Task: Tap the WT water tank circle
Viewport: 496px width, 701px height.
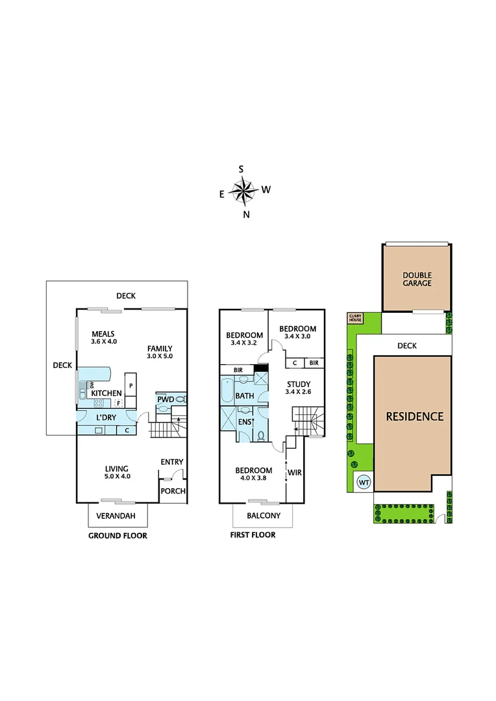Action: tap(364, 482)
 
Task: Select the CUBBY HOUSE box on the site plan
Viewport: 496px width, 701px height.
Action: tap(355, 317)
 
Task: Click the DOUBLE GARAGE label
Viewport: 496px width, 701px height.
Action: tap(416, 278)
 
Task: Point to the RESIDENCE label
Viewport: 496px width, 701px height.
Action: tap(415, 416)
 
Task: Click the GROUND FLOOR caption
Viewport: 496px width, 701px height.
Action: tap(118, 535)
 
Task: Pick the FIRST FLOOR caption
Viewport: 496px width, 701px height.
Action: tap(253, 535)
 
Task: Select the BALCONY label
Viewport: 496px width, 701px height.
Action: tap(263, 516)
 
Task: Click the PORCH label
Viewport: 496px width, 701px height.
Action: tap(173, 491)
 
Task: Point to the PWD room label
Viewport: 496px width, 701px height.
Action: tap(165, 399)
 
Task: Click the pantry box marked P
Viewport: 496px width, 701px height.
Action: tap(130, 386)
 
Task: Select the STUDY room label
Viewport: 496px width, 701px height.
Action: tap(299, 384)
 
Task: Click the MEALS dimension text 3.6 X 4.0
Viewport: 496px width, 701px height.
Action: tap(103, 341)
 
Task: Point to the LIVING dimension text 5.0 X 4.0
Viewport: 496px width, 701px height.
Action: tap(117, 476)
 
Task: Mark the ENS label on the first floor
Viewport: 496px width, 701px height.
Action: tap(244, 423)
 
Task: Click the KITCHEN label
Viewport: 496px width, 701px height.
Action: tap(106, 393)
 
